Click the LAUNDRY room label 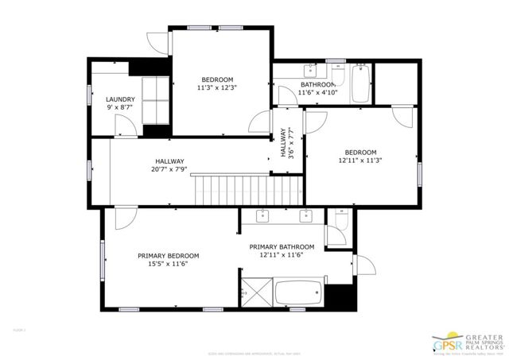coord(120,99)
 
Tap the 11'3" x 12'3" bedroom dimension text coord(217,87)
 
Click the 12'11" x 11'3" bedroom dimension coord(360,161)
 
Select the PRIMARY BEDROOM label coord(168,256)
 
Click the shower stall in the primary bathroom coord(255,292)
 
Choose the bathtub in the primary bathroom coord(298,293)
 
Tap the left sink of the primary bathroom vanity coord(262,216)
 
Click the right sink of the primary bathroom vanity coord(305,216)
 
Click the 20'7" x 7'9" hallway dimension coord(169,168)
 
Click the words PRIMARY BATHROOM coord(287,246)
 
